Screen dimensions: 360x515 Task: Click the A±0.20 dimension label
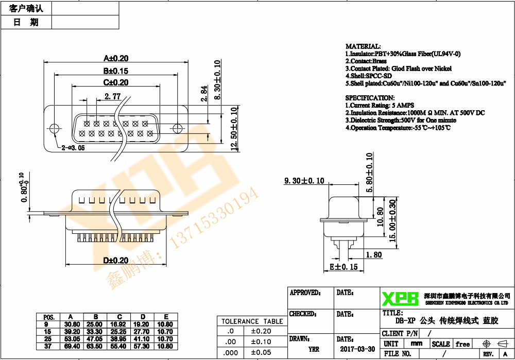coord(116,58)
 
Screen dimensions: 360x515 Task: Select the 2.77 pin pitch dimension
coord(112,96)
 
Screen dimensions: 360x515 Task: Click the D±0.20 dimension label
coord(116,261)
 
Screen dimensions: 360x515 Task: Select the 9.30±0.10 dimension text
coord(304,181)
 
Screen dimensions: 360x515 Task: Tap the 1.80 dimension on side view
coord(373,254)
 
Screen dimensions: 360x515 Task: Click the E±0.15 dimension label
coord(343,267)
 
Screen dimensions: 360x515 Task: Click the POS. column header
coord(49,317)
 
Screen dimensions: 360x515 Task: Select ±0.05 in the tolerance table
coord(262,352)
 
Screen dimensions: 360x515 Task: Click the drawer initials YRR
coord(313,349)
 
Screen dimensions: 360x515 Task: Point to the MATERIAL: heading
coord(363,46)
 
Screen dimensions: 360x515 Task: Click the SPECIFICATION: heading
coord(369,98)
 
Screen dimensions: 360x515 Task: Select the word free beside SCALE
coord(462,344)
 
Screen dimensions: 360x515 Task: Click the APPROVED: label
coord(305,293)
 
